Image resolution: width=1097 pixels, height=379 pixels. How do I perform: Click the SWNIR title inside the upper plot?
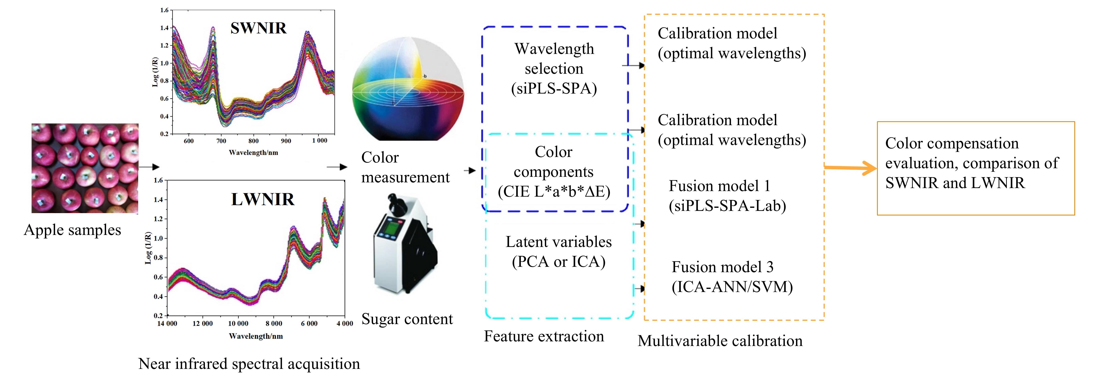[x=259, y=28]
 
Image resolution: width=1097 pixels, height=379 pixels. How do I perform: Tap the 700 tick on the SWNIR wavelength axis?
[x=221, y=141]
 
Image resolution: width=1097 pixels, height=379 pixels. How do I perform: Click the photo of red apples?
[x=85, y=168]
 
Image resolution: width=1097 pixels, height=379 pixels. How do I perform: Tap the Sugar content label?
[x=407, y=319]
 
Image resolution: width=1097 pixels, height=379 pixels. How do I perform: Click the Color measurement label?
[x=405, y=167]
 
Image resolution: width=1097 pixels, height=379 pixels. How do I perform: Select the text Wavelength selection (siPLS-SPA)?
[x=554, y=68]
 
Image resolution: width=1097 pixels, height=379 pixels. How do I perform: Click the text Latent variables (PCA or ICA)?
[x=558, y=251]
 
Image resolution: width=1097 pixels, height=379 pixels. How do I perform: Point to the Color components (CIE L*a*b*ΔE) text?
[x=554, y=172]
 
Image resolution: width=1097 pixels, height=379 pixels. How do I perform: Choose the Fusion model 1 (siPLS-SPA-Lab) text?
[x=727, y=196]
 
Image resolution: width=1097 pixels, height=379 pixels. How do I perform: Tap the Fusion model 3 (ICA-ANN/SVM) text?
[x=732, y=277]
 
